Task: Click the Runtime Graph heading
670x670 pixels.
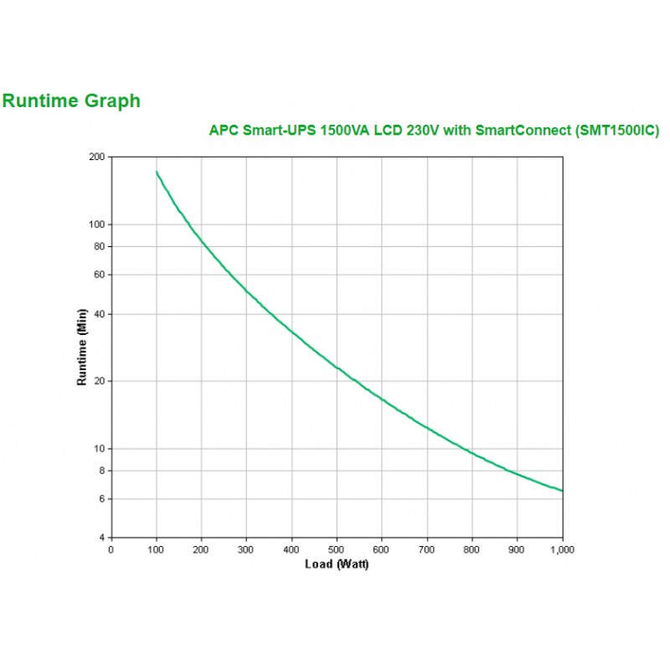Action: pos(71,101)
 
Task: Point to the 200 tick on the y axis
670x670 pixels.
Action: pos(96,157)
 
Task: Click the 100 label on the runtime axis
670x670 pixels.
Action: pos(96,224)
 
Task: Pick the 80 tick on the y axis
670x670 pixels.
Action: pos(99,246)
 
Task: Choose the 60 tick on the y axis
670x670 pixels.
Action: pos(99,275)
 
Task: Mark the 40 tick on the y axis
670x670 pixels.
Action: pos(99,314)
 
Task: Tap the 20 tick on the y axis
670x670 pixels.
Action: pos(99,381)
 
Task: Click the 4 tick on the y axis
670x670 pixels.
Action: pos(101,537)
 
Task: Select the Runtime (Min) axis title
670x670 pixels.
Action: pos(82,348)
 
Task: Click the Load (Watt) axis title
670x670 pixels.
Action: pos(336,564)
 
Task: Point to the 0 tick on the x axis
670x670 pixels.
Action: pos(111,549)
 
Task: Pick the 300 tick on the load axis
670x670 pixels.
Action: pos(246,549)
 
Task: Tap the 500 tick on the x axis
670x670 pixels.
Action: pos(337,549)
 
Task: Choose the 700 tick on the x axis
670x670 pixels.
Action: pos(427,549)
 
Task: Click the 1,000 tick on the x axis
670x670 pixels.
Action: pos(562,549)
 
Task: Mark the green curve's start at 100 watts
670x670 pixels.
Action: pos(157,172)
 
